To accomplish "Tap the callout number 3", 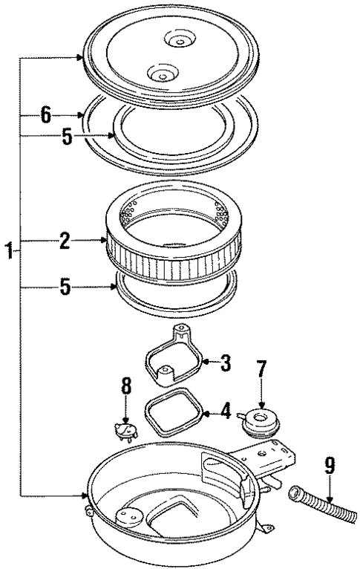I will pyautogui.click(x=226, y=363).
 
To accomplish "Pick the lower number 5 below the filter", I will pyautogui.click(x=66, y=286).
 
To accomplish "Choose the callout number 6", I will pyautogui.click(x=46, y=115).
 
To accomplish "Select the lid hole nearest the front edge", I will pyautogui.click(x=160, y=73).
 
